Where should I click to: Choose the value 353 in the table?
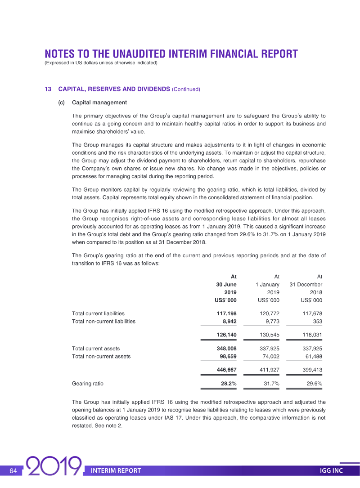tap(318, 322)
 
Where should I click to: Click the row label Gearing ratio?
tap(88, 384)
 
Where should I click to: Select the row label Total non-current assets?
tap(101, 357)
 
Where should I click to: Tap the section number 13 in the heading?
tap(48, 89)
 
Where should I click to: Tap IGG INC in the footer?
tap(331, 470)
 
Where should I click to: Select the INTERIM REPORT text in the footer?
tap(116, 470)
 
